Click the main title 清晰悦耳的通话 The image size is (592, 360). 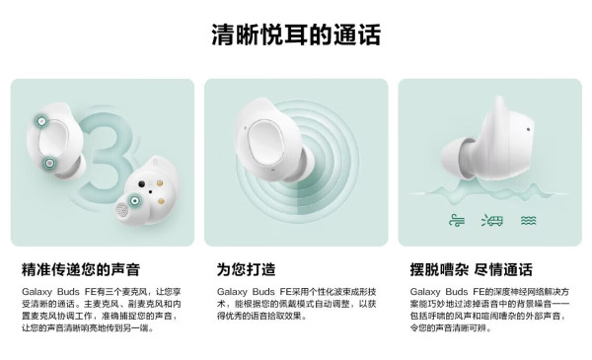click(x=296, y=35)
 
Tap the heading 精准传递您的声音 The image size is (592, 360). click(x=81, y=269)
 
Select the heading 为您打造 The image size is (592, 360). click(x=246, y=269)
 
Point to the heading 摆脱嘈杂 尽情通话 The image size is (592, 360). click(x=472, y=269)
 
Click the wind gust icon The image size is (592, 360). click(x=457, y=220)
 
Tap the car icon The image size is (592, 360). click(x=492, y=220)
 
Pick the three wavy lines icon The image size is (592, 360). click(x=528, y=220)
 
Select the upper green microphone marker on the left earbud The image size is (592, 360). click(x=41, y=120)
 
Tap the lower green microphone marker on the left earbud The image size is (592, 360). click(x=49, y=164)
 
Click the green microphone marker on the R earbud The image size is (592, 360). click(x=134, y=200)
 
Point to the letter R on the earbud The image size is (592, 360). click(x=155, y=163)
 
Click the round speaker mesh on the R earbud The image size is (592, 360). click(x=121, y=209)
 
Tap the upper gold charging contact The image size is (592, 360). click(x=160, y=183)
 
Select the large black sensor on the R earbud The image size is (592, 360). click(x=141, y=184)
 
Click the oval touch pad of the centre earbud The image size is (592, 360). click(x=266, y=142)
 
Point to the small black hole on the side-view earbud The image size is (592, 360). click(x=528, y=130)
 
